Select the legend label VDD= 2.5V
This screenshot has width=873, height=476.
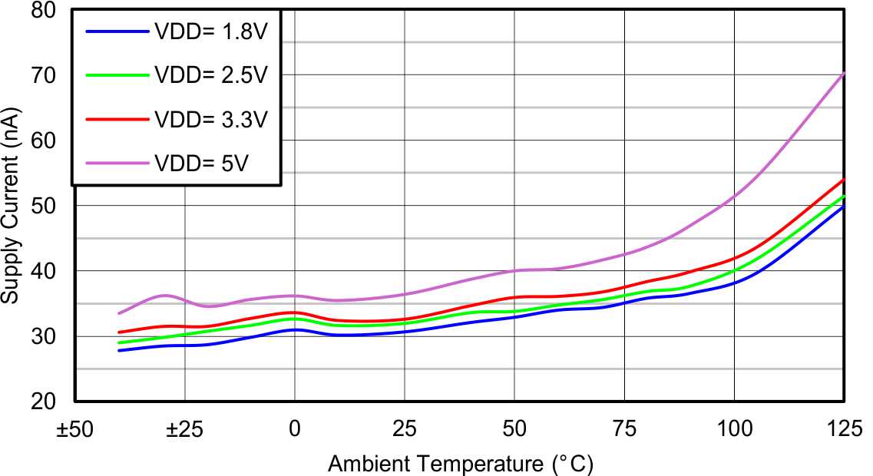(x=210, y=75)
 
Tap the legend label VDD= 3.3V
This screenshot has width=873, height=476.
(x=210, y=120)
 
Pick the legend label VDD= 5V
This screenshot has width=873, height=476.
(x=201, y=163)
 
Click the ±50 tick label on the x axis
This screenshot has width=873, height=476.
(x=74, y=428)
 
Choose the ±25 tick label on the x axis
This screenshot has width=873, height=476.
(x=184, y=428)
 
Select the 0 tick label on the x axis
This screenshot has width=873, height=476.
(x=295, y=428)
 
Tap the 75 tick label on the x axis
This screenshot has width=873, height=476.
(x=624, y=428)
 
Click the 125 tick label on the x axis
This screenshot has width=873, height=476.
(x=843, y=428)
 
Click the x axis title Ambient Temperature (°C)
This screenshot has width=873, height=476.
(x=461, y=464)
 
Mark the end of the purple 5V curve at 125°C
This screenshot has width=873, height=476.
(x=844, y=73)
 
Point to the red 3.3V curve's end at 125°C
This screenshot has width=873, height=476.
(x=844, y=180)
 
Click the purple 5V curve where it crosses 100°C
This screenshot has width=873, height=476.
(x=735, y=197)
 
